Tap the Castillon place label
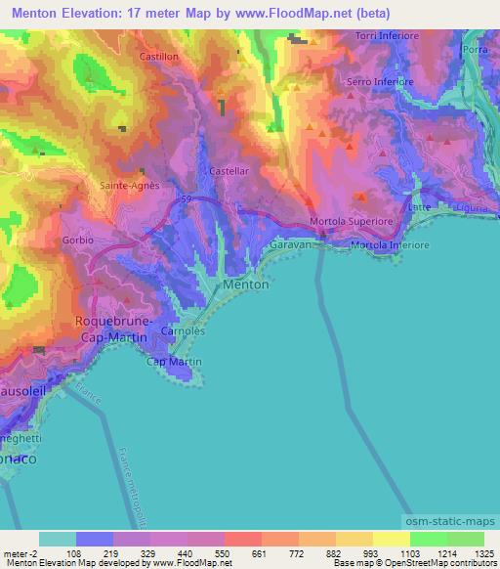[160, 58]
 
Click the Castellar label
[229, 170]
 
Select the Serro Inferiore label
[381, 82]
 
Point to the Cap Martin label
[168, 362]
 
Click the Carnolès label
[182, 331]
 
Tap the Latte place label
[421, 207]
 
